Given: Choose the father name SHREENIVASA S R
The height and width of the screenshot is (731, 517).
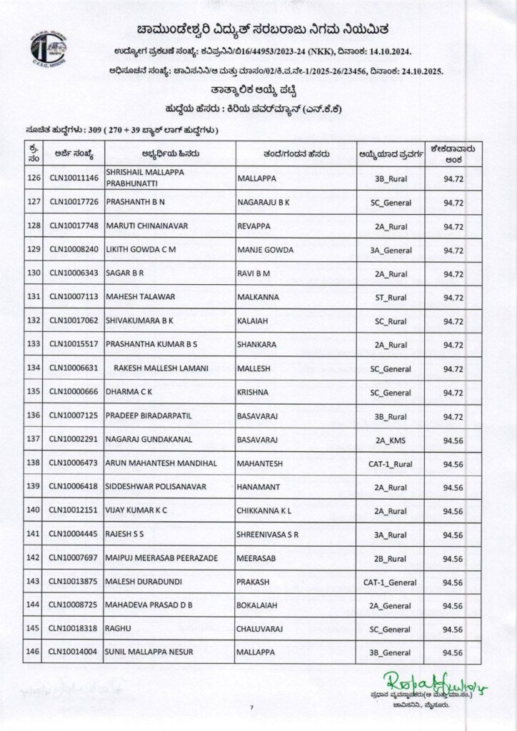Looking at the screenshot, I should click(268, 533).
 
